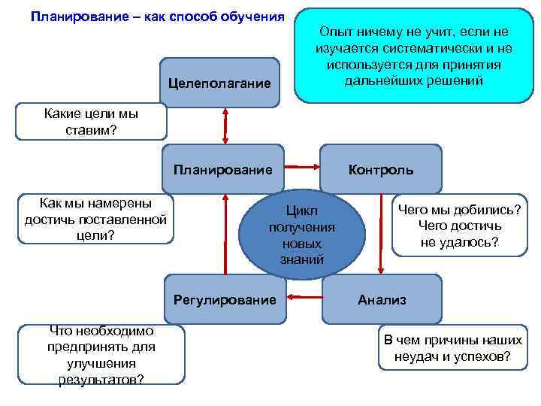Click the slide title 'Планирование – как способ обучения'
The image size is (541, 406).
click(x=158, y=17)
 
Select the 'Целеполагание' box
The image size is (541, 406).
click(x=219, y=82)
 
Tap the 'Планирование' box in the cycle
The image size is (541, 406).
click(x=223, y=169)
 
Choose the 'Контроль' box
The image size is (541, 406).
click(x=381, y=169)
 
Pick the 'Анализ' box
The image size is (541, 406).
click(x=382, y=299)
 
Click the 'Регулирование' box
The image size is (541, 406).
click(x=225, y=300)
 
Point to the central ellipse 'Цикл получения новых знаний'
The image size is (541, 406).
click(x=302, y=234)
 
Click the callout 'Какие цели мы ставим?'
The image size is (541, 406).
click(x=91, y=122)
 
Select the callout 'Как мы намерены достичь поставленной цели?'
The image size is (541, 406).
click(x=95, y=219)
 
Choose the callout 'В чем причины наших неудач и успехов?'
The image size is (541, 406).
click(x=452, y=348)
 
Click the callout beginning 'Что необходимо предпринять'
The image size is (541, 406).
click(x=101, y=355)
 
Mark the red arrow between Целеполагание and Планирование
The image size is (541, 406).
click(x=224, y=123)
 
